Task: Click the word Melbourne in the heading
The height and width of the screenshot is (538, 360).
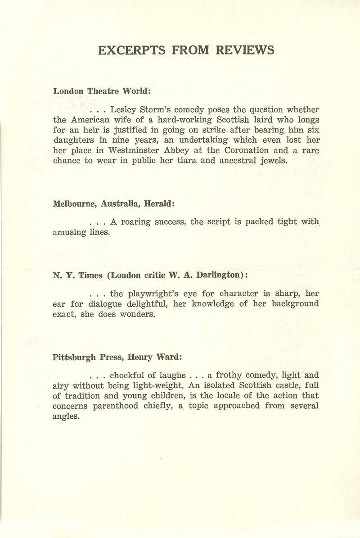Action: point(74,203)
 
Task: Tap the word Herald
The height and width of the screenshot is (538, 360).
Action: point(157,203)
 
